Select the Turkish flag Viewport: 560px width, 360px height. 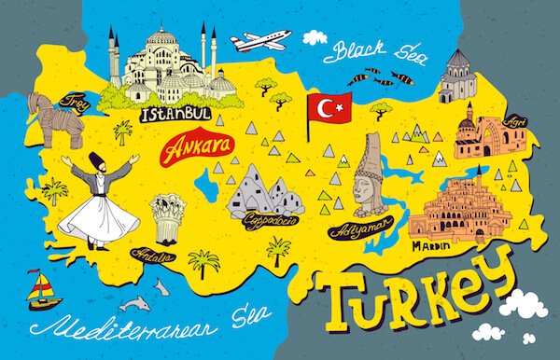coord(329,110)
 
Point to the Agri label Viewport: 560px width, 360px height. coord(515,122)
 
